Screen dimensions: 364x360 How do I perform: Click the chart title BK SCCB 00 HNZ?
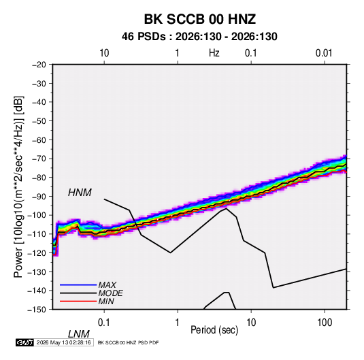[199, 19]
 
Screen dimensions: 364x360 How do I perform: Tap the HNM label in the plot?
[80, 193]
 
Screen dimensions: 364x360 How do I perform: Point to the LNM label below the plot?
[78, 334]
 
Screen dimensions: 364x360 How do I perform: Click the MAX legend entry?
[107, 285]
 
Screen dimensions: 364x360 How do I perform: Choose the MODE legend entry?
[110, 293]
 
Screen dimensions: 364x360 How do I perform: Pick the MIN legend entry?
[106, 301]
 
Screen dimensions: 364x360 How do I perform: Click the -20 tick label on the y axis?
[39, 65]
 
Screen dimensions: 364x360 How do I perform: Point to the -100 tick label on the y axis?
[37, 215]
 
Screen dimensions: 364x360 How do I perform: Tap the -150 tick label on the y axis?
[37, 310]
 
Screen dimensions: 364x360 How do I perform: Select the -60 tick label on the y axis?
[39, 140]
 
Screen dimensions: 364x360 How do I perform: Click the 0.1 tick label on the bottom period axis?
[104, 323]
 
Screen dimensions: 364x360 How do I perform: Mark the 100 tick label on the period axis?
[324, 323]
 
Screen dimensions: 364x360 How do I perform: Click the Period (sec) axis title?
[214, 330]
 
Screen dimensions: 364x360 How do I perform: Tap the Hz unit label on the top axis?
[214, 53]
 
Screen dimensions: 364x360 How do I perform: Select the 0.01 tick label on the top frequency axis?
[324, 53]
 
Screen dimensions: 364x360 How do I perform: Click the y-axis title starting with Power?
[18, 186]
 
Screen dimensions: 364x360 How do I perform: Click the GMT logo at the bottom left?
[24, 342]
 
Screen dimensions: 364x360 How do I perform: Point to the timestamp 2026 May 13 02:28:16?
[63, 342]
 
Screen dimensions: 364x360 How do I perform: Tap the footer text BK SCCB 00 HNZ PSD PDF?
[128, 342]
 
